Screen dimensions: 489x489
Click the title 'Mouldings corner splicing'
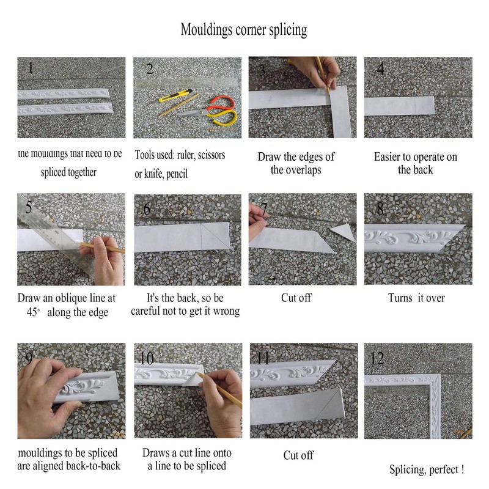[243, 29]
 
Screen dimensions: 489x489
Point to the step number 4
[380, 68]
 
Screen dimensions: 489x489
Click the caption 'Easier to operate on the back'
[415, 163]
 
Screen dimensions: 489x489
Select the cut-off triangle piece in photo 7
[342, 232]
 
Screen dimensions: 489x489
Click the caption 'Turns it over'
[416, 298]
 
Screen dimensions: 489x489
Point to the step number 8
[380, 209]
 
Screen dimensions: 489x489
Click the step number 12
[377, 358]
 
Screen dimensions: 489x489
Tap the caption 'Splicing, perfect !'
[427, 470]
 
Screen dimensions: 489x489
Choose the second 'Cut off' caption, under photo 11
[298, 455]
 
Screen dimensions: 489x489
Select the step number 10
[147, 357]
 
